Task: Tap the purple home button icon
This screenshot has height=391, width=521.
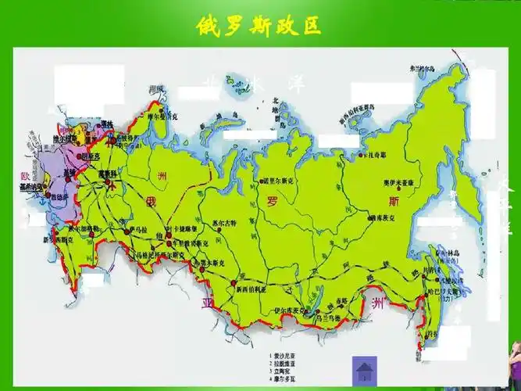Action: point(365,369)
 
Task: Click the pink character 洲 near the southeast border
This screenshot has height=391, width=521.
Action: point(378,301)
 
